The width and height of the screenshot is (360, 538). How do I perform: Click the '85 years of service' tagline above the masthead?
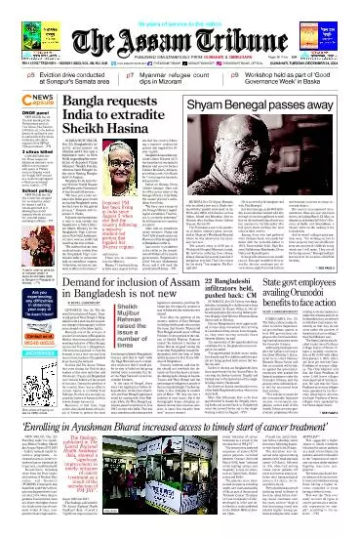(180, 4)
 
